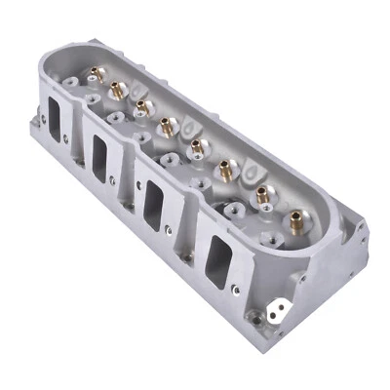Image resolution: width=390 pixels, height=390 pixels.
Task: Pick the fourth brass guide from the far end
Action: click(167, 124)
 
